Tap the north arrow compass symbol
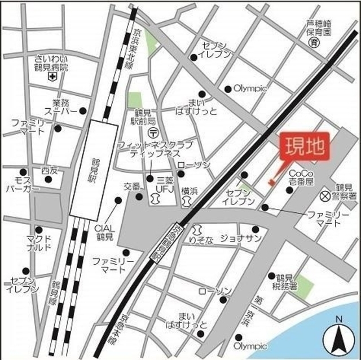point(338,338)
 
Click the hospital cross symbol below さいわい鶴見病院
point(52,76)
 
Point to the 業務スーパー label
point(64,107)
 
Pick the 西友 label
point(50,170)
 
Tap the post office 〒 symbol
point(153,132)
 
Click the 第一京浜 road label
point(246,309)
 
